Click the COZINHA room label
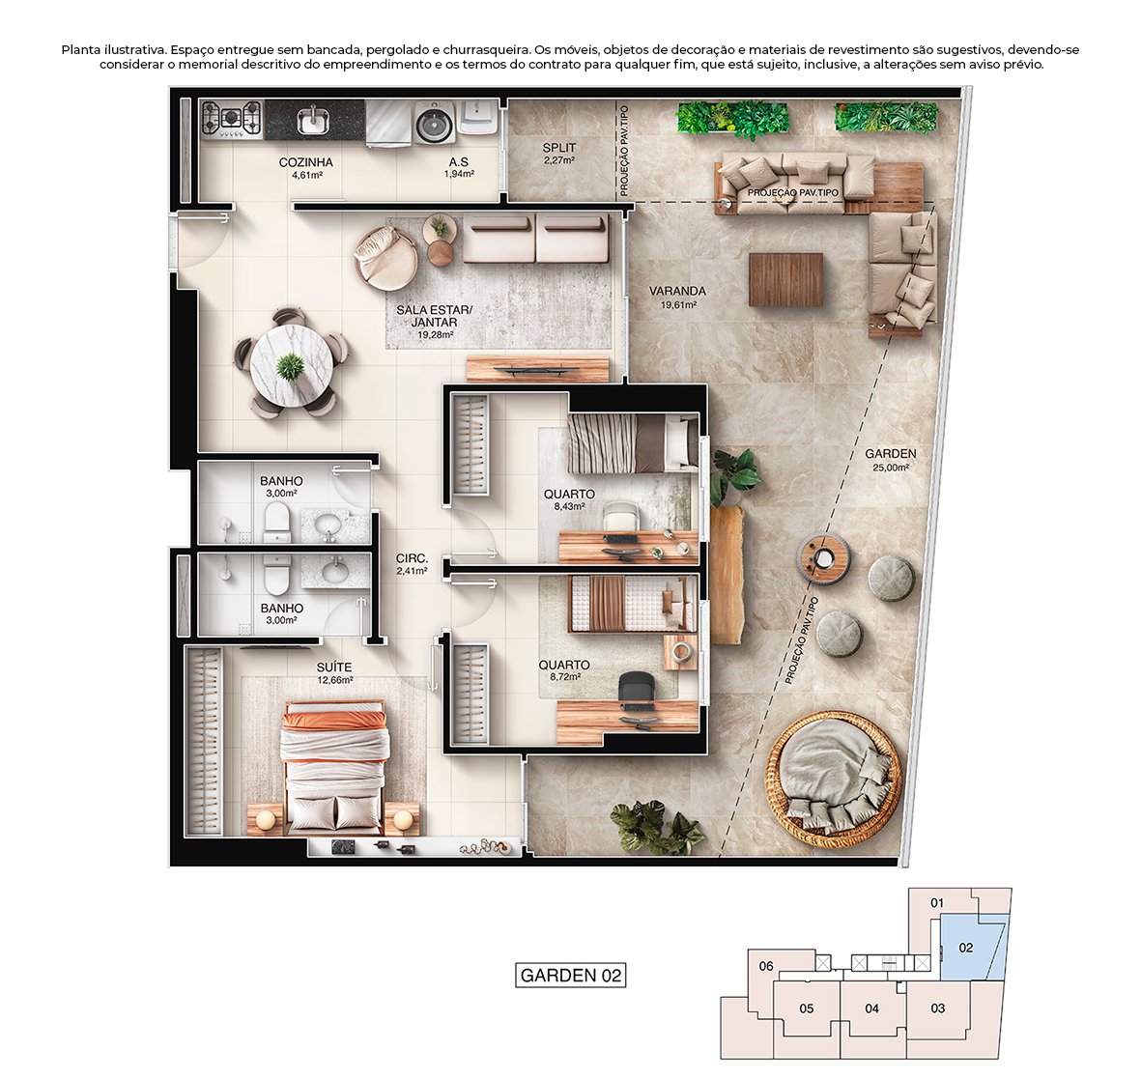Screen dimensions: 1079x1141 (x=305, y=168)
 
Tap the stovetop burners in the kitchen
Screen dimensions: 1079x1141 (x=233, y=119)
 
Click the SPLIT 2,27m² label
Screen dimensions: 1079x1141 (x=558, y=154)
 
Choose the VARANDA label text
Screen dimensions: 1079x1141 (x=677, y=296)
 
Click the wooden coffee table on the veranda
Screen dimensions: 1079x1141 (x=786, y=279)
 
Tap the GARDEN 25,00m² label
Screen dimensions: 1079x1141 (x=890, y=459)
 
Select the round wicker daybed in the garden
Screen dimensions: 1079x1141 (x=833, y=779)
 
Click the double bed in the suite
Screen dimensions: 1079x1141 (x=334, y=767)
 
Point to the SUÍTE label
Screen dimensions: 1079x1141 (x=334, y=672)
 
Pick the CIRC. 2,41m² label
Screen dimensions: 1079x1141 (x=412, y=564)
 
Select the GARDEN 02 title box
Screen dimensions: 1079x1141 (x=570, y=975)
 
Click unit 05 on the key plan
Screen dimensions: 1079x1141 (x=807, y=1009)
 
